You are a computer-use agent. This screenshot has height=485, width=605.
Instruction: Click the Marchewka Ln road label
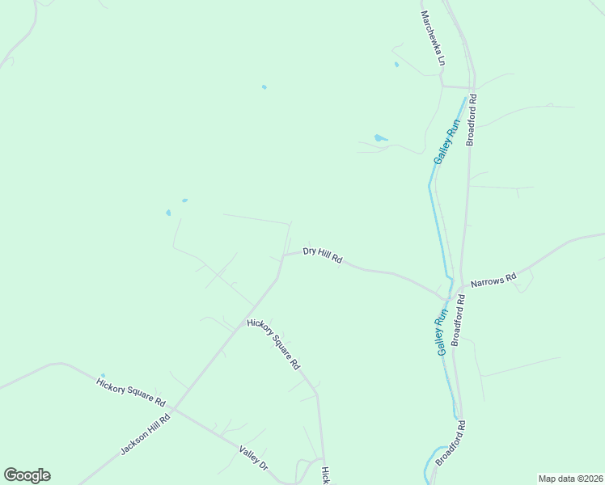(x=433, y=38)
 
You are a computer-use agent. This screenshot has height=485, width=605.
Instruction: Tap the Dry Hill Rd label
(x=323, y=255)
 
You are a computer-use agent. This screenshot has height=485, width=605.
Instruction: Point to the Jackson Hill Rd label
(x=146, y=434)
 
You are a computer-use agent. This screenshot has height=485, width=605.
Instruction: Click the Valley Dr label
(x=253, y=458)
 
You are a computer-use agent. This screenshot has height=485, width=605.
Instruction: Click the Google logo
(x=27, y=475)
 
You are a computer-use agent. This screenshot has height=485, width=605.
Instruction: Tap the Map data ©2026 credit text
(x=570, y=478)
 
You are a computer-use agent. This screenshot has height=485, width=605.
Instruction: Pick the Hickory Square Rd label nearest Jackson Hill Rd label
(x=131, y=391)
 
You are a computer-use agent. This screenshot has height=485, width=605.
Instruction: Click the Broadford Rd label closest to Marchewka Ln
(x=472, y=120)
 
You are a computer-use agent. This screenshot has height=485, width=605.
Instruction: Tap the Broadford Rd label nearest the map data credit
(x=451, y=443)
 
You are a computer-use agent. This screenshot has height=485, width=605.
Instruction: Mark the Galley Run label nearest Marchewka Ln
(x=446, y=141)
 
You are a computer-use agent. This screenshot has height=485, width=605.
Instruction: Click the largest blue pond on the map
(x=380, y=138)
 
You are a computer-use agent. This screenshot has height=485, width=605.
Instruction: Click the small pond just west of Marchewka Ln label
(x=396, y=64)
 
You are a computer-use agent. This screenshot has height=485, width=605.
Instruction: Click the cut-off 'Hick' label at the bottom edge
(x=325, y=475)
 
